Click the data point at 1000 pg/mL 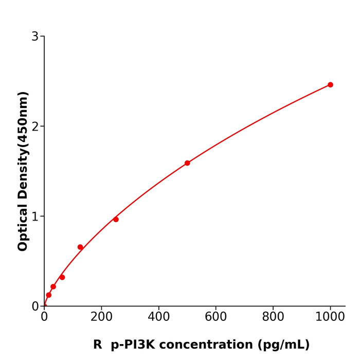pyautogui.click(x=330, y=85)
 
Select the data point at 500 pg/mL pyautogui.click(x=187, y=163)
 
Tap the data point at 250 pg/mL pyautogui.click(x=116, y=220)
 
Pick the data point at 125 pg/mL pyautogui.click(x=80, y=247)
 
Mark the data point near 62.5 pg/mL pyautogui.click(x=62, y=277)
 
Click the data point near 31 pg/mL pyautogui.click(x=53, y=286)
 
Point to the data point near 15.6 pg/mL pyautogui.click(x=49, y=295)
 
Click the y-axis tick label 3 pyautogui.click(x=35, y=37)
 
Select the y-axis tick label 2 pyautogui.click(x=35, y=127)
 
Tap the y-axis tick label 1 pyautogui.click(x=35, y=217)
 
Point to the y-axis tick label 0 pyautogui.click(x=35, y=307)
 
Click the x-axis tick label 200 pyautogui.click(x=101, y=317)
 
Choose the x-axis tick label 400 pyautogui.click(x=158, y=317)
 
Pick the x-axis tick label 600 pyautogui.click(x=215, y=317)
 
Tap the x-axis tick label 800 pyautogui.click(x=273, y=317)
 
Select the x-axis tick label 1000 pyautogui.click(x=330, y=317)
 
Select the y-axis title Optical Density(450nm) pyautogui.click(x=23, y=171)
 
